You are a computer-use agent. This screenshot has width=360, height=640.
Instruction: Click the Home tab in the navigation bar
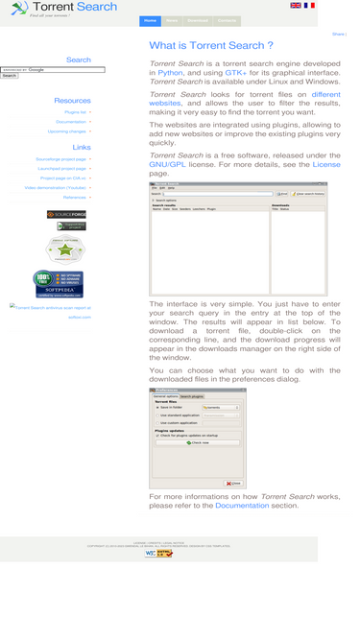150,20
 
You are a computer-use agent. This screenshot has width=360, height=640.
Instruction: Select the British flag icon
296,6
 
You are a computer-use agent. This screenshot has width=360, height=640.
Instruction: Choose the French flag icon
309,6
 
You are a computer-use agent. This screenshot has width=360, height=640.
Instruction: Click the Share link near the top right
338,35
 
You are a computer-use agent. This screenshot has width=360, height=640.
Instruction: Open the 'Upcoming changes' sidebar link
66,131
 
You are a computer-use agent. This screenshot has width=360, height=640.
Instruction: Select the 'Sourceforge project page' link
60,159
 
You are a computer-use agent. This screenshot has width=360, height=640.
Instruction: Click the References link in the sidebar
74,197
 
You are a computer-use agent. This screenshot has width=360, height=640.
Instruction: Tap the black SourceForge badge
66,214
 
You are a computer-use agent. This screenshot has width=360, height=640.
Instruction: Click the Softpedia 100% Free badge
58,284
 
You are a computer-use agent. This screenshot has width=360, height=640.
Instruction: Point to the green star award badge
66,251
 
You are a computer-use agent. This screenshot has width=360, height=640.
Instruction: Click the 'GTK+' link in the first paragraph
235,72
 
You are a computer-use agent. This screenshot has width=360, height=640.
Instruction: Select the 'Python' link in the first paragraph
170,72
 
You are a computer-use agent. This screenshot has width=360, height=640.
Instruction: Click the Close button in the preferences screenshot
233,483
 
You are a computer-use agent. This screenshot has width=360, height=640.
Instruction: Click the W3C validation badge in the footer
152,554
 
